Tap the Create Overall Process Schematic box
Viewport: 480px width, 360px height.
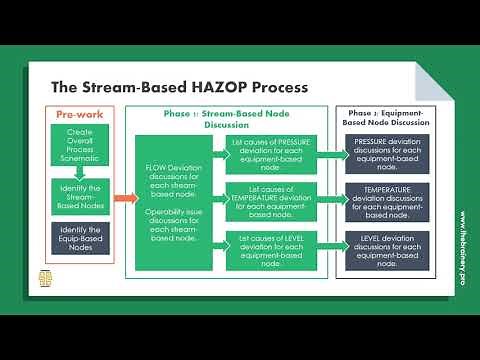click(x=80, y=145)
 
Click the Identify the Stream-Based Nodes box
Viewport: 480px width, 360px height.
click(x=80, y=195)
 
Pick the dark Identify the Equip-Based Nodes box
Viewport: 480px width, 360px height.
click(x=80, y=238)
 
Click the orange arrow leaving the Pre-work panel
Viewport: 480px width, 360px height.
click(x=122, y=196)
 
